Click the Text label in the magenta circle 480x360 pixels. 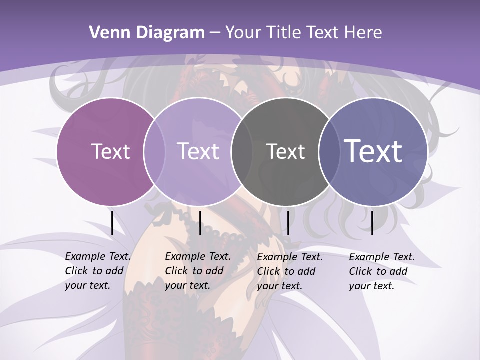[110, 151]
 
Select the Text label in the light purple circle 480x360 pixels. [198, 151]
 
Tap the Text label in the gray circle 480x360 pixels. [285, 151]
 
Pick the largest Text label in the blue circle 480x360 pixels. [373, 151]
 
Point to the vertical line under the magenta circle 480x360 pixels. [112, 223]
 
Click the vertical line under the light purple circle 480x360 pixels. [200, 223]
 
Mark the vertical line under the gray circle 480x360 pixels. [288, 223]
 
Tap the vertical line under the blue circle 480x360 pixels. [372, 223]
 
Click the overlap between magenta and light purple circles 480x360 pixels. [154, 151]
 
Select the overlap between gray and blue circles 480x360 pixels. [327, 151]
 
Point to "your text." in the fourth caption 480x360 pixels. [371, 286]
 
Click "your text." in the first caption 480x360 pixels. [87, 286]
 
